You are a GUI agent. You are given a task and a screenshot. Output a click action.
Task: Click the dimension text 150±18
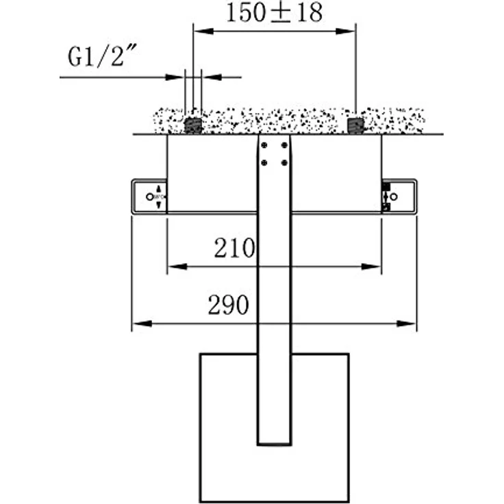(274, 13)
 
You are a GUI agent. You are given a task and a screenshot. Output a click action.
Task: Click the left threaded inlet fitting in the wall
(193, 125)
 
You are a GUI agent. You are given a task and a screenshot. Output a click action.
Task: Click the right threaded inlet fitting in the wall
(355, 125)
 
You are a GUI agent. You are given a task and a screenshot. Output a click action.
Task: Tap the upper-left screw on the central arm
(266, 145)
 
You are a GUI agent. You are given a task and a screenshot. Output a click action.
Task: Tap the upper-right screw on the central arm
(282, 145)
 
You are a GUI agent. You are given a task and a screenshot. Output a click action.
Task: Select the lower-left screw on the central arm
(266, 162)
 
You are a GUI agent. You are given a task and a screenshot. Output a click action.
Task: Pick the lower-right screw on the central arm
(282, 162)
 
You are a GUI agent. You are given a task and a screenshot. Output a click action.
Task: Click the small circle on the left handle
(149, 197)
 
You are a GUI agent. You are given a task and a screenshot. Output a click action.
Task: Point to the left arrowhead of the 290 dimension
(137, 323)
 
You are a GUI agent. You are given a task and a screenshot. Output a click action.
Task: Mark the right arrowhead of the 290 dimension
(411, 323)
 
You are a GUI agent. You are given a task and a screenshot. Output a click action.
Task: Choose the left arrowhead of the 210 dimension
(173, 266)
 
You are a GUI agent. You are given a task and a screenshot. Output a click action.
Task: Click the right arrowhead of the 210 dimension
(376, 266)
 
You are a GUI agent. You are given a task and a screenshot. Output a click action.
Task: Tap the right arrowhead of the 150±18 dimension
(350, 29)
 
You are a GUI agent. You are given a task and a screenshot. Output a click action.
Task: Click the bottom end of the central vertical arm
(275, 443)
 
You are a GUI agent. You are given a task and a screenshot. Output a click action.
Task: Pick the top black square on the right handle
(386, 186)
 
